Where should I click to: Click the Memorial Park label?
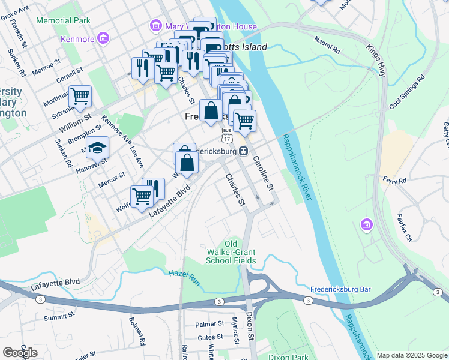click(x=63, y=20)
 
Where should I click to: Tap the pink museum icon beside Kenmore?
click(x=103, y=39)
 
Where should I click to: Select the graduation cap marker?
click(x=97, y=147)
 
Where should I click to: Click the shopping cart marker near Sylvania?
click(x=80, y=96)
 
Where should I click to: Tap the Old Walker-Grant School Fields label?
click(x=231, y=252)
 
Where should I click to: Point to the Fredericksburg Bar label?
click(x=340, y=289)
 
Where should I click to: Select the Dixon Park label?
click(x=288, y=356)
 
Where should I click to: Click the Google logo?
click(x=20, y=353)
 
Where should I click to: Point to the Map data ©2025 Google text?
click(x=411, y=355)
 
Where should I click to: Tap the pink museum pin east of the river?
click(x=366, y=225)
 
